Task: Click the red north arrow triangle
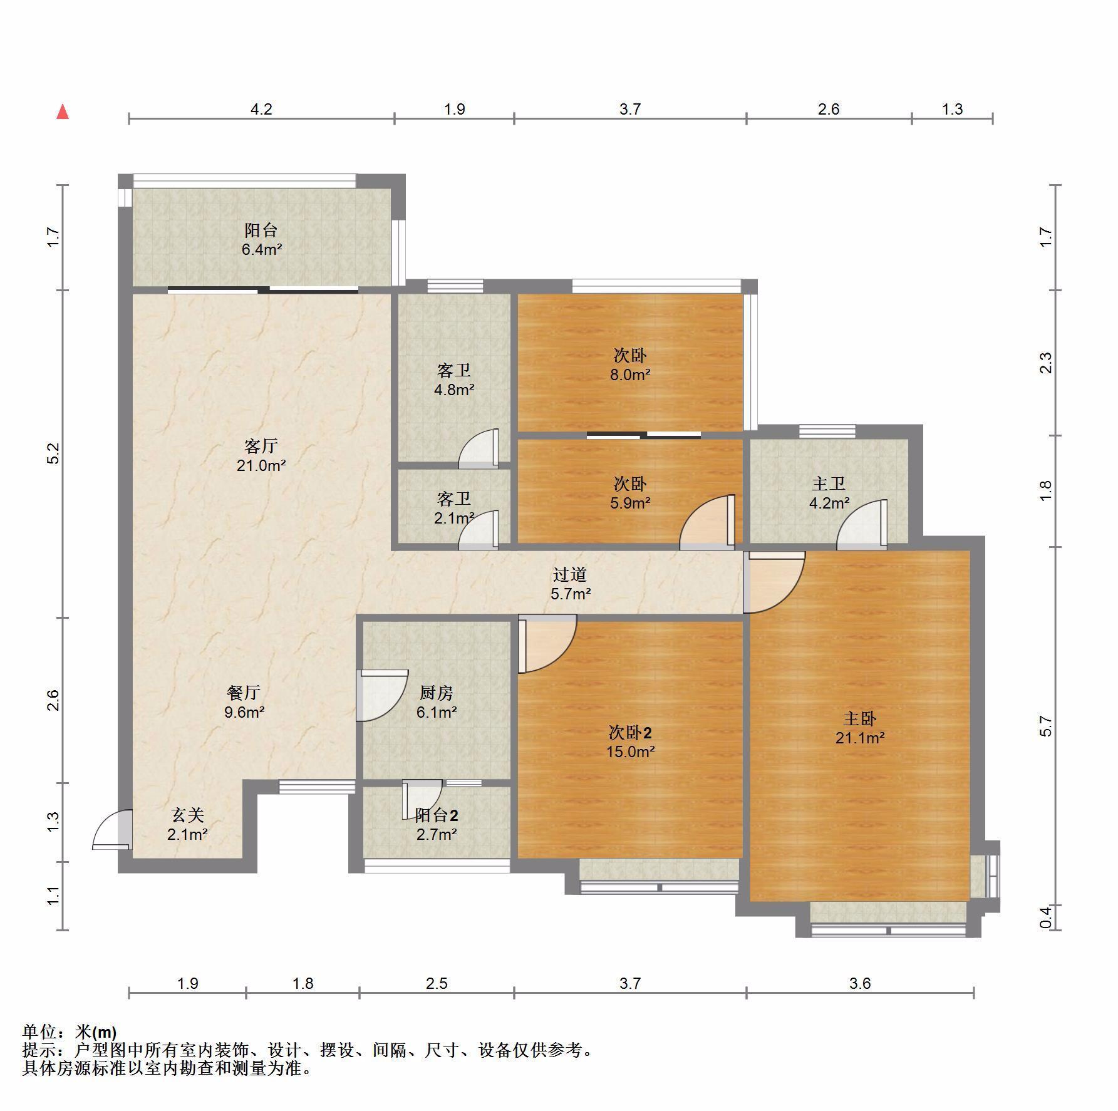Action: (63, 112)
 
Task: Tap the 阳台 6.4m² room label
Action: (262, 240)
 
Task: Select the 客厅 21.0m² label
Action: (261, 456)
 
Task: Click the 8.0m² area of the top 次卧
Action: (630, 375)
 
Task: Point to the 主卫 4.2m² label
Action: (829, 493)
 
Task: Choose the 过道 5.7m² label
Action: (570, 584)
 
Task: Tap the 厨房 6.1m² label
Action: (437, 702)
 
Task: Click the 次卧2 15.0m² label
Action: (630, 742)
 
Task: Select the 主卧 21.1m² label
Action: (860, 728)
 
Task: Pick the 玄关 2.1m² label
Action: (187, 825)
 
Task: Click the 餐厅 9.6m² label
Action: (244, 702)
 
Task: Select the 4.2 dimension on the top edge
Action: (262, 109)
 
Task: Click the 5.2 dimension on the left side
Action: (53, 453)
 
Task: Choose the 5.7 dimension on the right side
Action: (1045, 726)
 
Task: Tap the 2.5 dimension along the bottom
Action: (437, 983)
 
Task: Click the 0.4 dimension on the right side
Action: (1045, 917)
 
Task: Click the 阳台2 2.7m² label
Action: (437, 825)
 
